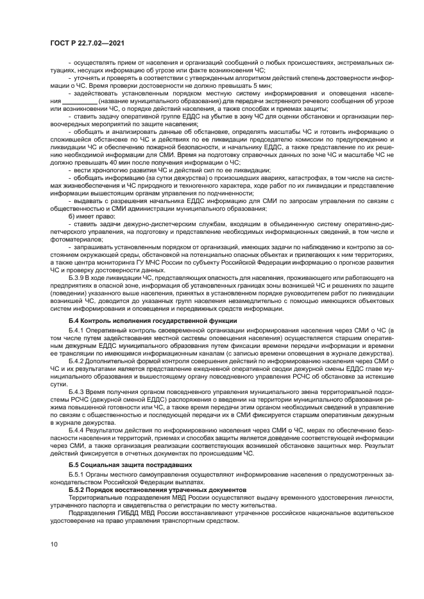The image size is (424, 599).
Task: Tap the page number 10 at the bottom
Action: [x=55, y=544]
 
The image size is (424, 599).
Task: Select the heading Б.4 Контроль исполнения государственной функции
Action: [x=153, y=320]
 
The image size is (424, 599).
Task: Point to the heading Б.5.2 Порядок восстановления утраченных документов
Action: [x=147, y=488]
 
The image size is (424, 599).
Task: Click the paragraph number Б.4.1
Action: [x=78, y=331]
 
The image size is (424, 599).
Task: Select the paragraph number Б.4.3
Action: [x=78, y=391]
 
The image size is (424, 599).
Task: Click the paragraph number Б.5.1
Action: [x=78, y=474]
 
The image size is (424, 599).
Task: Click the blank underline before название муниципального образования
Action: [x=80, y=101]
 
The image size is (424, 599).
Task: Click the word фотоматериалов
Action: [x=74, y=239]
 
